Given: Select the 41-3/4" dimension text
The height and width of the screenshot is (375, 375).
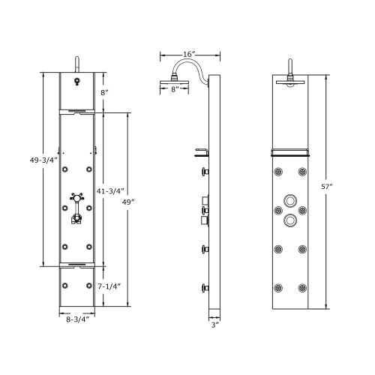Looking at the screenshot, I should [x=111, y=190].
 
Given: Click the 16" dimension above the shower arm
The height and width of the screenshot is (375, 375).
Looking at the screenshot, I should [x=190, y=55].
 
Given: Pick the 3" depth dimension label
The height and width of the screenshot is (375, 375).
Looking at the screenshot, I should [x=214, y=325].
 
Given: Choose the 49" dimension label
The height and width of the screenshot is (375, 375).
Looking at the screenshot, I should [x=130, y=202].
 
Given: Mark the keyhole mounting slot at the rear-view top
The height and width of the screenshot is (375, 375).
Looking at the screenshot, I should [x=76, y=82].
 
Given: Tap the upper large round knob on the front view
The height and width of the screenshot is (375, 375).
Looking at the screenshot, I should [x=289, y=201].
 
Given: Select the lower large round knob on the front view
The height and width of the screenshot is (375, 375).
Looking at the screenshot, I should [x=289, y=220].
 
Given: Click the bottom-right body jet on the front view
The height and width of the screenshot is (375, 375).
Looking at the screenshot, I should [x=302, y=286].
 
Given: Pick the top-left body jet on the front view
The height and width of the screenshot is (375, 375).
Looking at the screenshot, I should [x=278, y=172].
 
